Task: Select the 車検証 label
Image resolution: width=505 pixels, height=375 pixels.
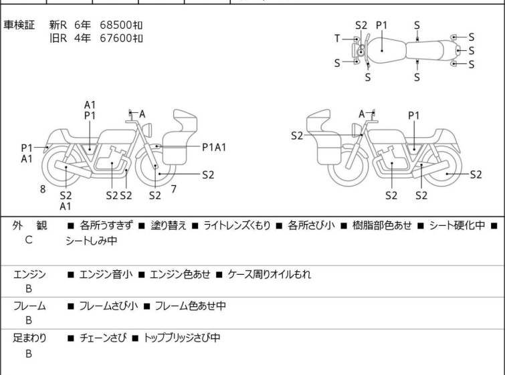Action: pyautogui.click(x=19, y=25)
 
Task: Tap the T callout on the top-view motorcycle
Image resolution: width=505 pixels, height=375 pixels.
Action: pyautogui.click(x=337, y=39)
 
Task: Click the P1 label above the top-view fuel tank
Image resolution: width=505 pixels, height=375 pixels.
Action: pyautogui.click(x=382, y=25)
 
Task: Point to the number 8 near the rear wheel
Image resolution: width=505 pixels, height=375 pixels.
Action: pyautogui.click(x=43, y=189)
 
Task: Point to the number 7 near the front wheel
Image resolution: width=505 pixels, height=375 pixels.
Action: pyautogui.click(x=174, y=189)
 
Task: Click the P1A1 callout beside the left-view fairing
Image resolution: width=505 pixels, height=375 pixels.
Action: pyautogui.click(x=214, y=148)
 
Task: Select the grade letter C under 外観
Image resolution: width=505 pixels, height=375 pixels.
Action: pyautogui.click(x=28, y=240)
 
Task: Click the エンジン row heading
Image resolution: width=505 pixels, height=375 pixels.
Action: pyautogui.click(x=29, y=275)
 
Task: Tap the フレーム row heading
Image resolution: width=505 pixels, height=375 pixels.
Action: pyautogui.click(x=29, y=305)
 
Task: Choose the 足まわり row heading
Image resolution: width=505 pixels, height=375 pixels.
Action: pyautogui.click(x=29, y=338)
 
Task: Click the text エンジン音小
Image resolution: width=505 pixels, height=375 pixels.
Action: pyautogui.click(x=106, y=275)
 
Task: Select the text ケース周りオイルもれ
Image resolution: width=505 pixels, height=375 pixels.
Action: pyautogui.click(x=270, y=275)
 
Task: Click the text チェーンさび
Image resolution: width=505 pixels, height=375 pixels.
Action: pyautogui.click(x=103, y=338)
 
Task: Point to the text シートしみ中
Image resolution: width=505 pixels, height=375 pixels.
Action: pyautogui.click(x=92, y=241)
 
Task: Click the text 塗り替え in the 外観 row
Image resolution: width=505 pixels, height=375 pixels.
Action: pyautogui.click(x=169, y=225)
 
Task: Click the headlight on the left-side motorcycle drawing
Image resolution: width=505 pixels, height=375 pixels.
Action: pyautogui.click(x=147, y=130)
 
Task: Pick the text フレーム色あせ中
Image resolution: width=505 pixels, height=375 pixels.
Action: pyautogui.click(x=191, y=305)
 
